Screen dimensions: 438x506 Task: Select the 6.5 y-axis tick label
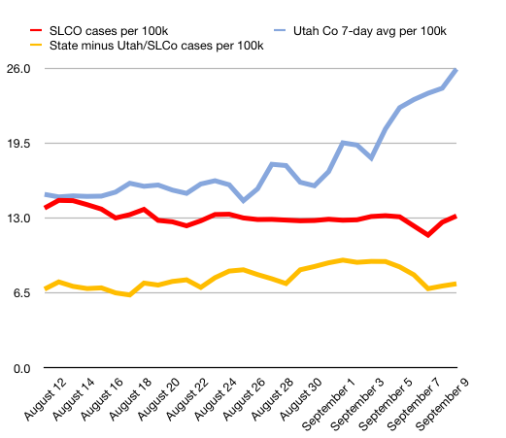pos(24,293)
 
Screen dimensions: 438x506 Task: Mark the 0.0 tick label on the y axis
pos(24,369)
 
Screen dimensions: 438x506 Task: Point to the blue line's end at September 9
pos(456,70)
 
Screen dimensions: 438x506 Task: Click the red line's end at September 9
pos(456,216)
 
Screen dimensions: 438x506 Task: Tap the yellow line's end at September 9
pos(456,284)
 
